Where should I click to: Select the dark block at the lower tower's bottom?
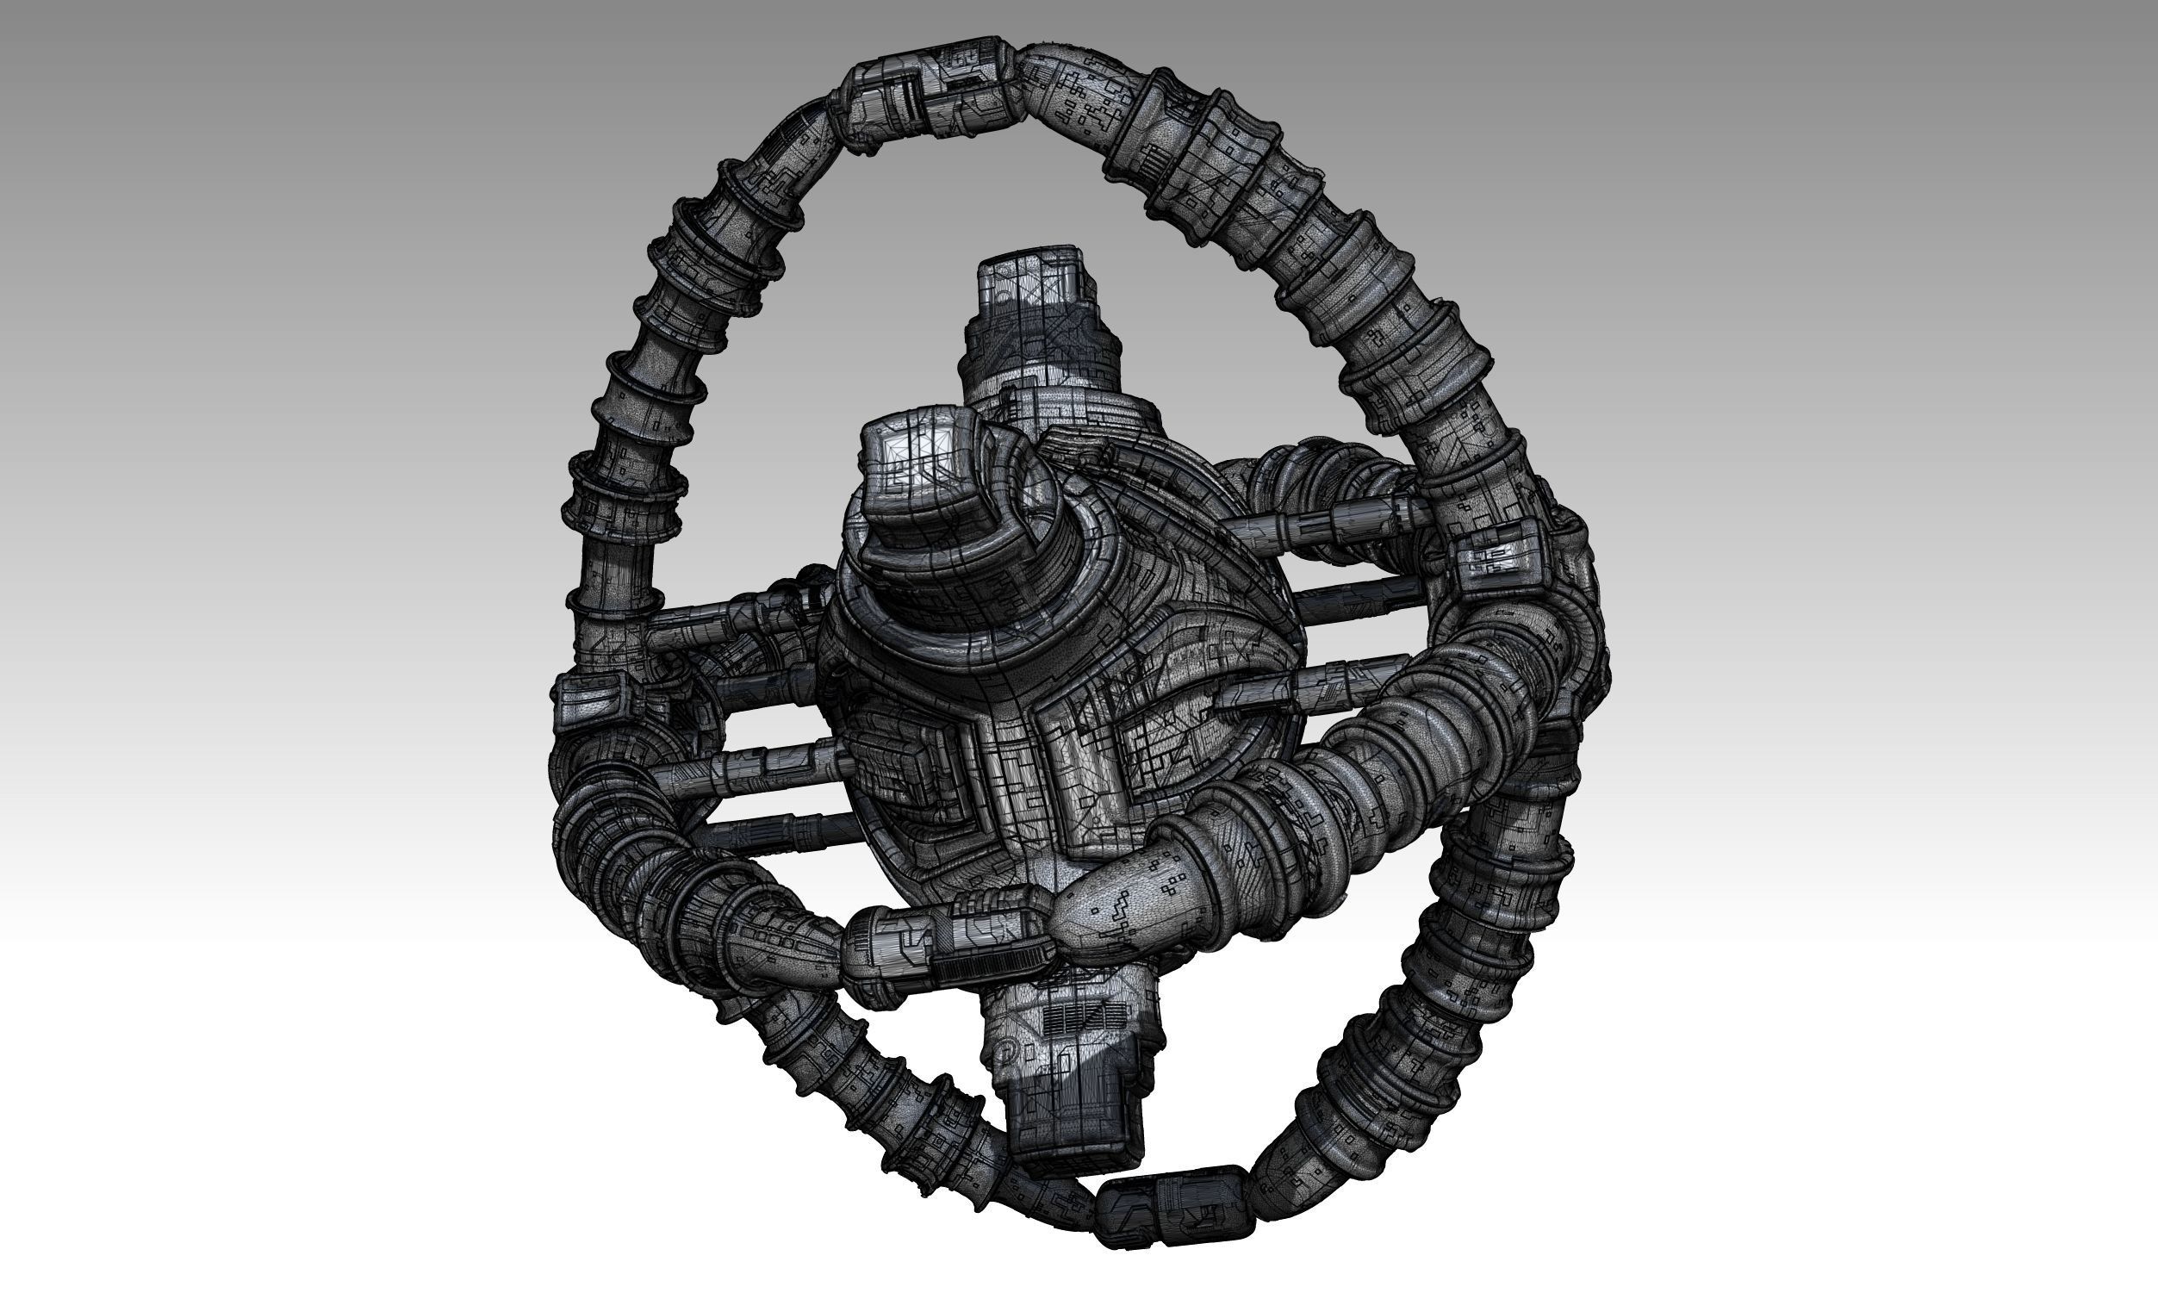pyautogui.click(x=1073, y=1128)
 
